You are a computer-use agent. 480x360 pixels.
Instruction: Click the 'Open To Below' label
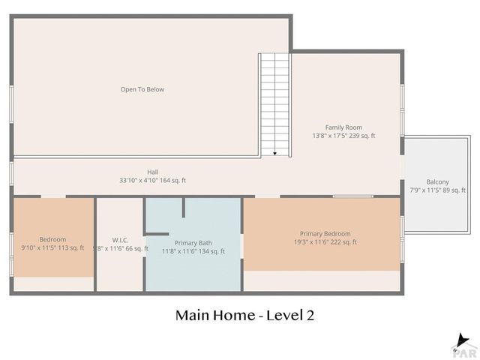tap(142, 89)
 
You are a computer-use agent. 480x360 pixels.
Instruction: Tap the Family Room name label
tap(343, 127)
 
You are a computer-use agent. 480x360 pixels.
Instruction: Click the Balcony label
tap(437, 181)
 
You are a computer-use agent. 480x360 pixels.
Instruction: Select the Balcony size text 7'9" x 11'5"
tap(426, 190)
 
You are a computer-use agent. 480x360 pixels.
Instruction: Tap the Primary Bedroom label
tap(325, 233)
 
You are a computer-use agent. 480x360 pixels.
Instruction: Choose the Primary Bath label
tap(193, 243)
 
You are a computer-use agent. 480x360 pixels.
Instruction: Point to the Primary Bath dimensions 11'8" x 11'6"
tap(181, 251)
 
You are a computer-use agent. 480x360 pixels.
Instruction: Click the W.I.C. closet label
tap(120, 241)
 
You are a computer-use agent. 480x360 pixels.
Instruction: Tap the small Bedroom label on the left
tap(52, 239)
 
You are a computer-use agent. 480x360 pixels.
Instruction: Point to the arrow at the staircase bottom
tap(275, 153)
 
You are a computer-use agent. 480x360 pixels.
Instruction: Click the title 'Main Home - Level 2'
tap(244, 315)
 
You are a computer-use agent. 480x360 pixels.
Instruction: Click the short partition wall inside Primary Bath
tap(184, 208)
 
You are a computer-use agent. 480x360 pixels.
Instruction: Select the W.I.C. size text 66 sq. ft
tap(135, 249)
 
